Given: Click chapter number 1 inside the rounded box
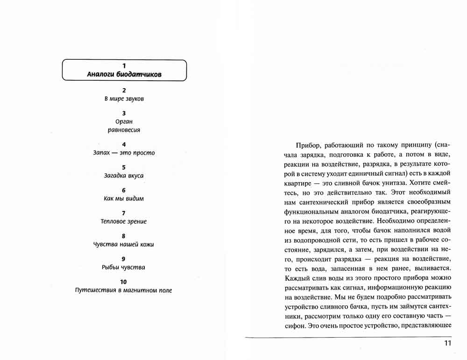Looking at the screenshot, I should click(x=124, y=66).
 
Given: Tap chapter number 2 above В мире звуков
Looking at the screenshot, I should click(x=124, y=90).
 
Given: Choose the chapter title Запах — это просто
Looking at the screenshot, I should click(x=124, y=153).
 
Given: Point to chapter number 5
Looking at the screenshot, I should click(x=124, y=167).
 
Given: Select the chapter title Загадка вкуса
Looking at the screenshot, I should click(x=124, y=176).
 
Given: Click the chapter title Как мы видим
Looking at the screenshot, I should click(x=124, y=198).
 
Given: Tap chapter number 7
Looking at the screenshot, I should click(x=124, y=213).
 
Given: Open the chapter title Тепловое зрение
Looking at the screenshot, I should click(x=124, y=221).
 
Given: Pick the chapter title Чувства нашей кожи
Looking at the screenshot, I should click(x=124, y=244).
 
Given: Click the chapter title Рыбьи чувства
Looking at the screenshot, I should click(x=124, y=268).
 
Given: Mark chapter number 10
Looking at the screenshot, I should click(x=124, y=282).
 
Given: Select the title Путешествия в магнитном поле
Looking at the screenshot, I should click(x=124, y=290).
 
